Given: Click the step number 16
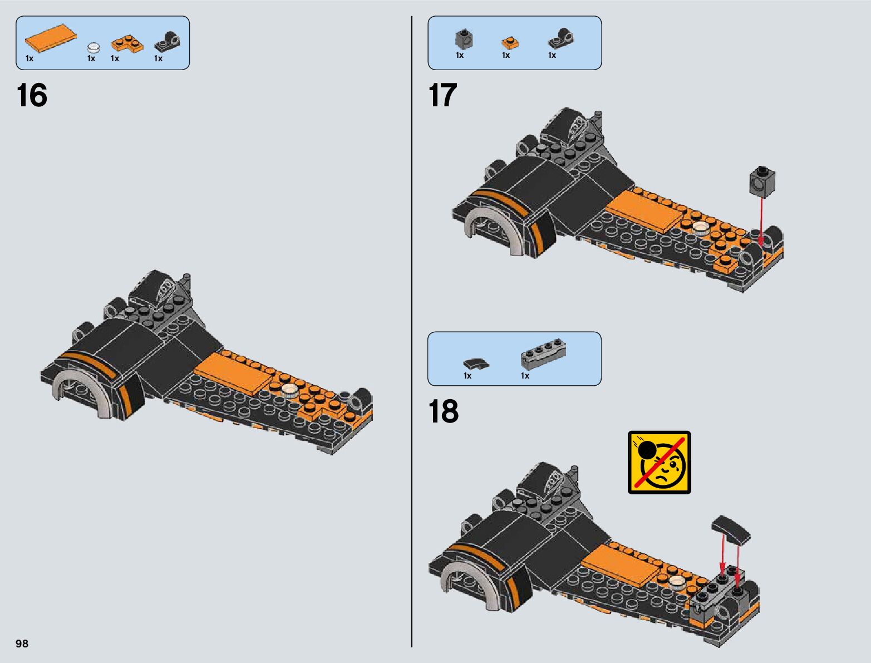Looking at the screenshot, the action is coord(32,95).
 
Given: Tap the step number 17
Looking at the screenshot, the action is coord(442,95).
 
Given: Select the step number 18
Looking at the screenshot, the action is coord(443,411).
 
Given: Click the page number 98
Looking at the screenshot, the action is coord(22,644).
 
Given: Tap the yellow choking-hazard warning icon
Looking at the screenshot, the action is coord(659,462).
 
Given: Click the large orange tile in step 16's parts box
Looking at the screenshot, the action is coord(51,38).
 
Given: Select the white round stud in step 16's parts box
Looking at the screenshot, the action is coord(94,47).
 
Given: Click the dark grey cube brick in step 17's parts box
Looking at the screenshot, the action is coord(464,39).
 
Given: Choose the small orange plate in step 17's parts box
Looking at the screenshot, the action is coord(509,43).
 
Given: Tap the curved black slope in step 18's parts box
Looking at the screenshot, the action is coord(476,364).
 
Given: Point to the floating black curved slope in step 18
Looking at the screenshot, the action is coord(731,528).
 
